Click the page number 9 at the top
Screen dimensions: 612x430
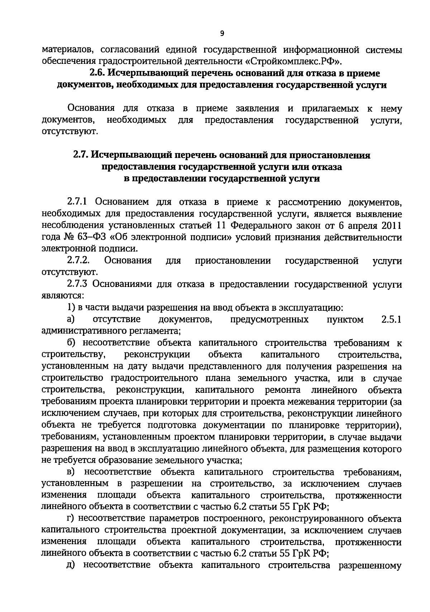pos(222,34)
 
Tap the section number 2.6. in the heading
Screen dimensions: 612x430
pos(97,74)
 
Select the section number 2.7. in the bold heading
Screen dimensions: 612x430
pos(81,155)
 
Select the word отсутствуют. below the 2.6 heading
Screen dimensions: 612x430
pos(70,132)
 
